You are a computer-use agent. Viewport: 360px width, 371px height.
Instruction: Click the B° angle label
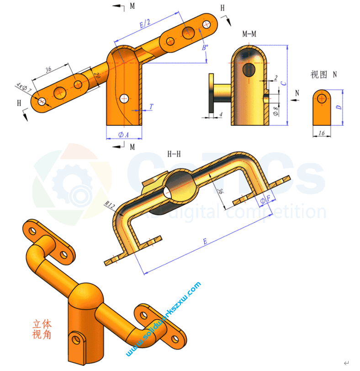[205, 47]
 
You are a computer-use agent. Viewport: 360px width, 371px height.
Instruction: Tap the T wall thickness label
[151, 107]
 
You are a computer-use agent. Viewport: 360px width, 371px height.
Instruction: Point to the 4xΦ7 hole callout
[23, 87]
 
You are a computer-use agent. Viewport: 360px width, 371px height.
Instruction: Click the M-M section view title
[249, 34]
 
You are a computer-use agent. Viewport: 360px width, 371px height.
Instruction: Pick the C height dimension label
[283, 84]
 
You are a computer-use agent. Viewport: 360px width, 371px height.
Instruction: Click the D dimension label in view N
[338, 107]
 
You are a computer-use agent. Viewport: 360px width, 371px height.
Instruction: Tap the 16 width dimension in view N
[322, 133]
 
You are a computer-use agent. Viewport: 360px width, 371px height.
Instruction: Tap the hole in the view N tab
[322, 98]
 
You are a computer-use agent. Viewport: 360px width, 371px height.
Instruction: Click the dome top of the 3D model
[87, 291]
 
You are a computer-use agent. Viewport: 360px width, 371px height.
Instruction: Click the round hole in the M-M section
[249, 70]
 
